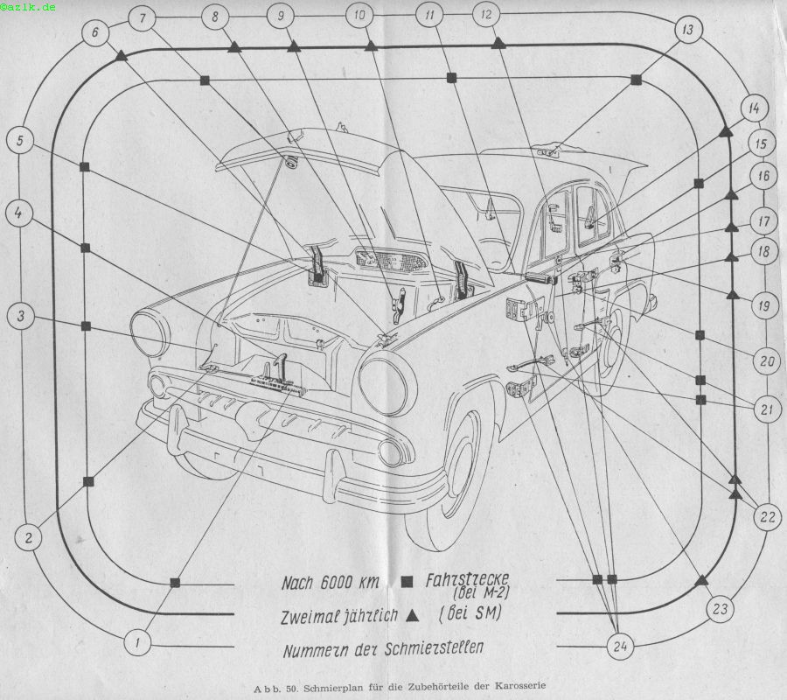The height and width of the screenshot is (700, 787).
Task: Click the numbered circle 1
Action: point(137,642)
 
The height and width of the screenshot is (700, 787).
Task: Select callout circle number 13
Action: point(687,30)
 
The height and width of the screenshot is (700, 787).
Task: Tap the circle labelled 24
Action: point(620,647)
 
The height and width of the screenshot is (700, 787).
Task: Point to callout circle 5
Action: point(20,140)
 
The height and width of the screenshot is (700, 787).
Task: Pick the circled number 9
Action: point(281,16)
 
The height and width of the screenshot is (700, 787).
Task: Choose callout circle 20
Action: point(767,360)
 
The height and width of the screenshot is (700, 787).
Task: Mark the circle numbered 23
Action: point(721,609)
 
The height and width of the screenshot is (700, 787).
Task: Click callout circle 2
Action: point(29,538)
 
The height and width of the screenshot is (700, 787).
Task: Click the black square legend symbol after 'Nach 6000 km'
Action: point(407,582)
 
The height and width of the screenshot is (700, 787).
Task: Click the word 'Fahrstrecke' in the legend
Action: point(467,580)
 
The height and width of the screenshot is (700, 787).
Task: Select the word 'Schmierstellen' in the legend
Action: point(434,647)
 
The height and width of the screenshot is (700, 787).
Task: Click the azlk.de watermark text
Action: point(28,7)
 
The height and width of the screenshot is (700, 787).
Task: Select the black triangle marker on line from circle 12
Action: point(498,43)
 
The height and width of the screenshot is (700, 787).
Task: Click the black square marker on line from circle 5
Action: point(84,166)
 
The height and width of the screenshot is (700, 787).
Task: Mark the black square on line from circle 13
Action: point(636,80)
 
